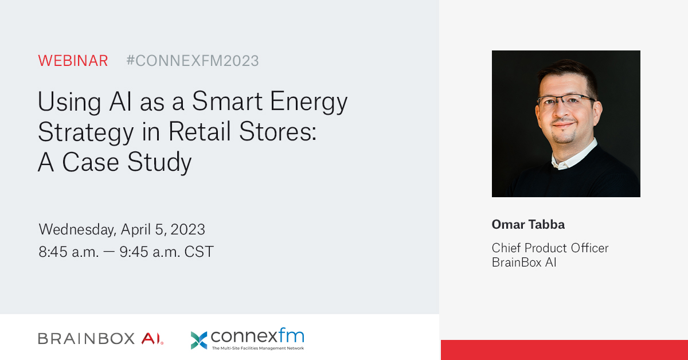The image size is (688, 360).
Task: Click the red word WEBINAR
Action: point(73,61)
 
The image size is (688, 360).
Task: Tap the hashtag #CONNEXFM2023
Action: point(192,61)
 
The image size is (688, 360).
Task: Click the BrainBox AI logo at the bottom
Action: point(101,339)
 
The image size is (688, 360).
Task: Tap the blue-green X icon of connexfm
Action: point(199,340)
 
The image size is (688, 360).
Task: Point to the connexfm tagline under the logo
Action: point(257,348)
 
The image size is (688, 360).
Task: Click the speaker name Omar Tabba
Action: point(528,224)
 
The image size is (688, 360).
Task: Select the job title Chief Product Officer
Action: point(550,248)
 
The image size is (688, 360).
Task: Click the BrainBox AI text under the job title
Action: point(524,263)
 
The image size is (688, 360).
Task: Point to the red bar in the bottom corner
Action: point(564,350)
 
